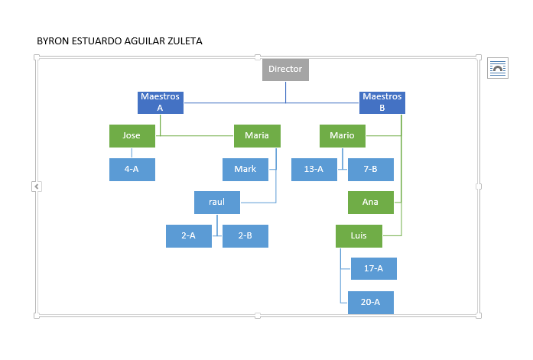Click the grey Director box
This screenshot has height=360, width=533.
coord(285,70)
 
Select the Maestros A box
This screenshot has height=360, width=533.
coord(161,102)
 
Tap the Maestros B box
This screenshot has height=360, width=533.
coord(382,102)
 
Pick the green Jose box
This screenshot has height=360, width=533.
coord(132,136)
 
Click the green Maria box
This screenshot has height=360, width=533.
coord(257,136)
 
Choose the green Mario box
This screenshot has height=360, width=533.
coord(343,136)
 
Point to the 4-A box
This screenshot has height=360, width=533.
coord(132,170)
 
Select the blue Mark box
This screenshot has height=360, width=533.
coord(245,170)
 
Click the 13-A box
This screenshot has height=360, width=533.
coord(314,170)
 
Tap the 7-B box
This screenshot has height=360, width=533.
coord(371,170)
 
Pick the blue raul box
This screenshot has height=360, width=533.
coord(217,203)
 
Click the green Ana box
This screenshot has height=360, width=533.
coord(371,203)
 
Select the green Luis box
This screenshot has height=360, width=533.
coord(359,236)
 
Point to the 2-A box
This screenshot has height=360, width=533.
coord(189,236)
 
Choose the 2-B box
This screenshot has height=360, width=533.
coord(245,236)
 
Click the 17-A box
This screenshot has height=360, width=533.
coord(374,268)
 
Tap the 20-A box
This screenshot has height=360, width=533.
coord(371,302)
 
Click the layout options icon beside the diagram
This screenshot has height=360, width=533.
coord(498,68)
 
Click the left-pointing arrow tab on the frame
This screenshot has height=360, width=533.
coord(37,186)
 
